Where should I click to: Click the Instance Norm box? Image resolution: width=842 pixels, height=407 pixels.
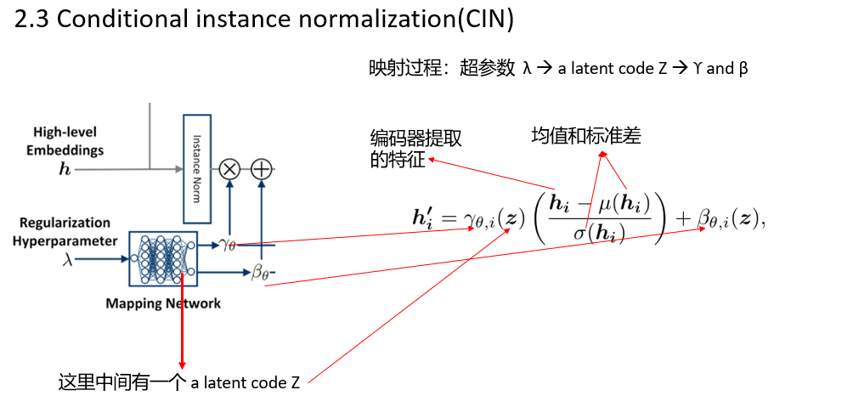(196, 168)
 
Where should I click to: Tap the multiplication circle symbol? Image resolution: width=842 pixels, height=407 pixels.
(229, 169)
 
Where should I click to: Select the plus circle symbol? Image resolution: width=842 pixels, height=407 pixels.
(261, 169)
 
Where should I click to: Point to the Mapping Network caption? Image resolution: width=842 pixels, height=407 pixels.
(163, 303)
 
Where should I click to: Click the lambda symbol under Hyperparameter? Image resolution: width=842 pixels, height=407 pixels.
(68, 260)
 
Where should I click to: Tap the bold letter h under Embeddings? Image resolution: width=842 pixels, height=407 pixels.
(65, 169)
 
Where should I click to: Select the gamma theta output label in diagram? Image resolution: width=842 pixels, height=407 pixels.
(227, 245)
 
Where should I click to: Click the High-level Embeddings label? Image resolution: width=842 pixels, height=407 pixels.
(65, 141)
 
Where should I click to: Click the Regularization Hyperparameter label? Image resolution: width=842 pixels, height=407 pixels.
(65, 231)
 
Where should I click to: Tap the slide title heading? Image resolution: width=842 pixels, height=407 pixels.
(264, 20)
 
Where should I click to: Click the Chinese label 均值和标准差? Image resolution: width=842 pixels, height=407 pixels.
(586, 135)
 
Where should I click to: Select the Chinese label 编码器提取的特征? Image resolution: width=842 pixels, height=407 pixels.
(415, 150)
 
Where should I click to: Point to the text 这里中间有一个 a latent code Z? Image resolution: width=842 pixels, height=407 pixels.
(178, 382)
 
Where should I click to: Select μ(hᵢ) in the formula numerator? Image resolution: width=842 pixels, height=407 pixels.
(624, 204)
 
